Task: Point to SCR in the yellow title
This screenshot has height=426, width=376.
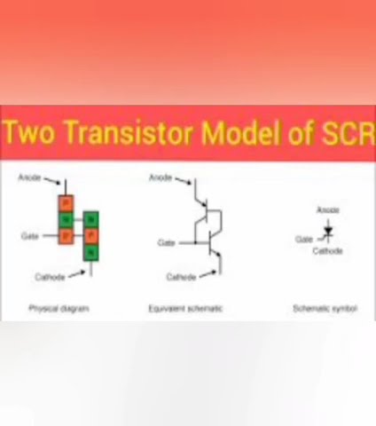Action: click(x=345, y=135)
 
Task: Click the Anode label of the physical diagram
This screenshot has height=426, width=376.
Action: click(x=29, y=179)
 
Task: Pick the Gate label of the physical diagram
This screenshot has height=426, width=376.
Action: click(x=29, y=236)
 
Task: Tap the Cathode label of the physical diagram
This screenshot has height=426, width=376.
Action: click(x=50, y=277)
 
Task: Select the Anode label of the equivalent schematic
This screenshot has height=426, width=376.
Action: click(x=161, y=179)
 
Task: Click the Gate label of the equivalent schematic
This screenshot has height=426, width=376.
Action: click(x=166, y=242)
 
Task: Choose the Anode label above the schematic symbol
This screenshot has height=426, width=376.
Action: click(x=328, y=210)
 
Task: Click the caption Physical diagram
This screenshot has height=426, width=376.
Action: click(x=59, y=309)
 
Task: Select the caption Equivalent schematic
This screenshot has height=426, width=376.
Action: click(x=185, y=309)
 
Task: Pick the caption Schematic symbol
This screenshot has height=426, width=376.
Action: click(x=325, y=309)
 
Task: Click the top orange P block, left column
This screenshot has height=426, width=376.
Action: click(x=66, y=201)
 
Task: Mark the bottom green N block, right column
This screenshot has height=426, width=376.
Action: click(x=90, y=253)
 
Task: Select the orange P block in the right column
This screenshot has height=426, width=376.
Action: click(x=90, y=235)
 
